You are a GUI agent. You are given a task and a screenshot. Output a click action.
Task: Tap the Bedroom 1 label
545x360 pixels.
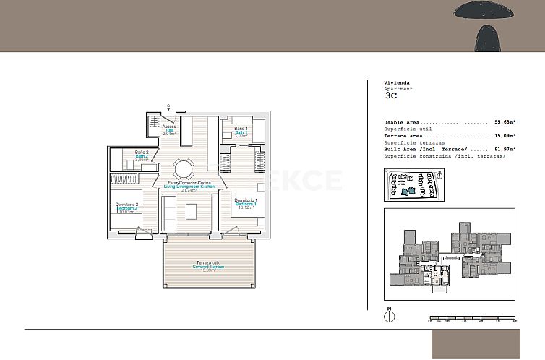coord(246,204)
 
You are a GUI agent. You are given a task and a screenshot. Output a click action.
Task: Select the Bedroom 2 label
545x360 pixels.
coord(127,208)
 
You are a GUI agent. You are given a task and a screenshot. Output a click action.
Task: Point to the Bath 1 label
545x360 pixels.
coord(241,132)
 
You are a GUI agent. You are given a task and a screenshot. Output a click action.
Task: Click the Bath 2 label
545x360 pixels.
coord(142,155)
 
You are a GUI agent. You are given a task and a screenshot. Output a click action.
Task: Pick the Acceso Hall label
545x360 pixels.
coord(170,130)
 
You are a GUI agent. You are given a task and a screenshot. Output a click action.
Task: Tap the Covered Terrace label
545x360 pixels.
coord(210,266)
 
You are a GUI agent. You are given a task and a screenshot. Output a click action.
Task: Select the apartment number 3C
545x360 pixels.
coord(390,95)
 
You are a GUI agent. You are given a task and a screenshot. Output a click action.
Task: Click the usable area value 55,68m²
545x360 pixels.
coord(504,122)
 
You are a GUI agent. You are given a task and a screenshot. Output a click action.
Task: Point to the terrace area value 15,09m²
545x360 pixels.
coord(504,135)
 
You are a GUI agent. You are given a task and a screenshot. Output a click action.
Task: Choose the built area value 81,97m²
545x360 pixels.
coord(504,149)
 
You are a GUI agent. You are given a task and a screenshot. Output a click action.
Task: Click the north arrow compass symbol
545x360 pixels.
coord(390,315)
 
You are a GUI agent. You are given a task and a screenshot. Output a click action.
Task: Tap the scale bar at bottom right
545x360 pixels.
coord(472,317)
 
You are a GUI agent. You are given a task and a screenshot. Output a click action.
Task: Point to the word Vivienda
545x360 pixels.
coord(397,82)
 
